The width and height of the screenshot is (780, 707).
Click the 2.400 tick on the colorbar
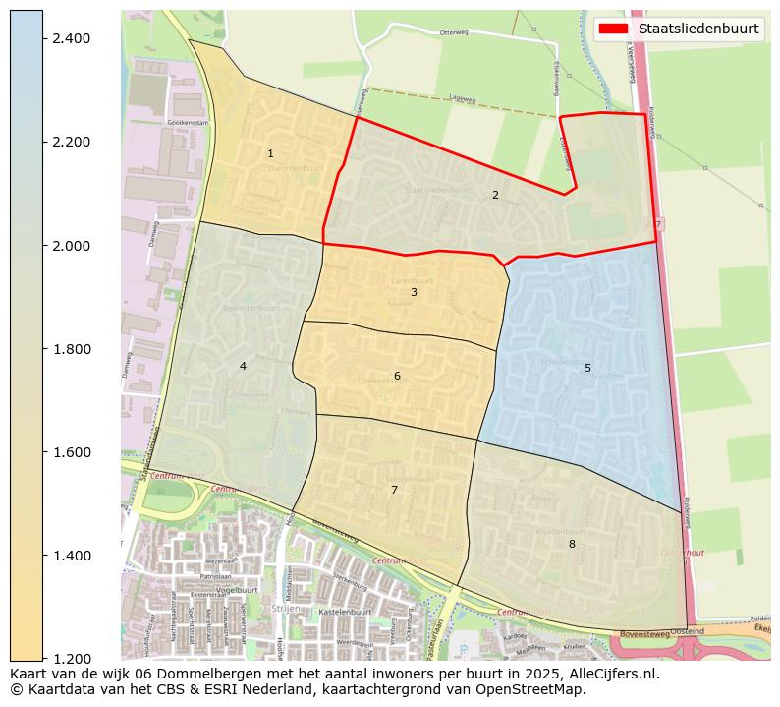pos(70,38)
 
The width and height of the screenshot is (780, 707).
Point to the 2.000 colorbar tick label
pos(70,245)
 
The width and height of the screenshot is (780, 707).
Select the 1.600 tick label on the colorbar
pos(70,452)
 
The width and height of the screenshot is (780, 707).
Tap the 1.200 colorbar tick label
pos(70,659)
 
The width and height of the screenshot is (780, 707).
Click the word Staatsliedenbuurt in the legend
pos(698,29)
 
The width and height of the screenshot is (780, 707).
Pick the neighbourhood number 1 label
pos(270,154)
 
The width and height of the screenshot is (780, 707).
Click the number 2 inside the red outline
pos(495,195)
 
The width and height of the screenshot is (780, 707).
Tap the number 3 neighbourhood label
pos(414,292)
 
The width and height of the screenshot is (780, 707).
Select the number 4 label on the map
pos(243,367)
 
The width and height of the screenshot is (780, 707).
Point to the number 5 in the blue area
pos(587,368)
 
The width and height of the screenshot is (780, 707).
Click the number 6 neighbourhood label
pos(397,376)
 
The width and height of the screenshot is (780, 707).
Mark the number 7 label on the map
pos(394,490)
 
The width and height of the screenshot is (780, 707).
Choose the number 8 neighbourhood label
pos(571,544)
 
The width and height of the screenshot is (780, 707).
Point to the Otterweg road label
pos(455,32)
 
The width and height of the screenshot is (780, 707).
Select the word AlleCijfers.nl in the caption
pos(607,675)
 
